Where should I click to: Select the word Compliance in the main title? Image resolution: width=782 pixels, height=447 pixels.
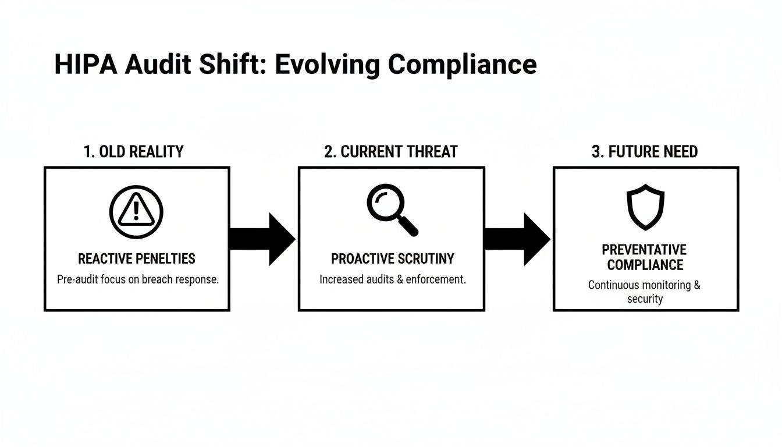(x=462, y=65)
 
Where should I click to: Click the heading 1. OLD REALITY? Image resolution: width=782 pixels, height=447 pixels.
(x=133, y=152)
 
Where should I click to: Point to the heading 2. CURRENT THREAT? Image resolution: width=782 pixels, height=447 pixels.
(x=391, y=152)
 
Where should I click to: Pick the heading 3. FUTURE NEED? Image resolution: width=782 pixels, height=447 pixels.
(x=645, y=152)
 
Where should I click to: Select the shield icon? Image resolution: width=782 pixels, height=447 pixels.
(x=645, y=209)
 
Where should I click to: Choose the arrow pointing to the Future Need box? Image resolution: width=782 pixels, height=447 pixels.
(x=517, y=239)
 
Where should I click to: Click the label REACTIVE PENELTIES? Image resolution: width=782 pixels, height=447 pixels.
(x=137, y=258)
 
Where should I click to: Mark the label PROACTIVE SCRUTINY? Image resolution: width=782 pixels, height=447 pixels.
(x=393, y=258)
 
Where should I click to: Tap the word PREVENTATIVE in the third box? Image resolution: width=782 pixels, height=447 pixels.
(x=644, y=250)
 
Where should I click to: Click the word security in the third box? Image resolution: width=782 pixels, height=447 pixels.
(x=645, y=299)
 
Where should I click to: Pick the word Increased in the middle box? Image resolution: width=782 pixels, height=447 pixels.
(x=341, y=279)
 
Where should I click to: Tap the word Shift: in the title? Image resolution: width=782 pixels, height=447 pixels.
(x=236, y=65)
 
